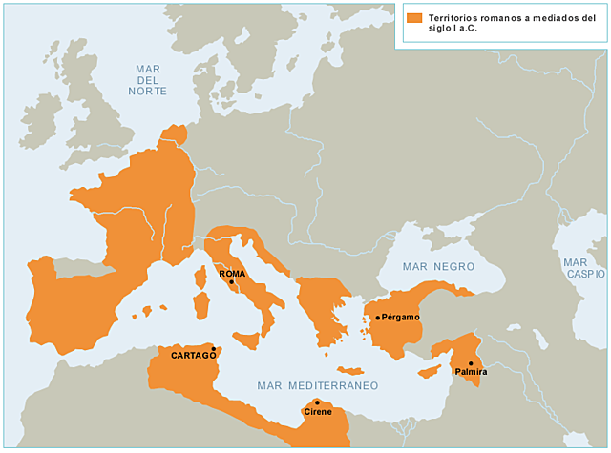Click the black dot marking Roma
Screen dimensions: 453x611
point(231,281)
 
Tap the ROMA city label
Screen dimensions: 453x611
point(232,273)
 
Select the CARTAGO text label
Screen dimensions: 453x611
point(193,356)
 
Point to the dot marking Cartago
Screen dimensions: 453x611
point(215,349)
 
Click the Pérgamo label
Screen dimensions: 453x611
point(402,318)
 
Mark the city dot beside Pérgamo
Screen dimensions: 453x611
point(378,318)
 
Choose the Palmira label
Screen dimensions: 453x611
point(471,371)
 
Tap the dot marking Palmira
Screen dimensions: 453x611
point(471,362)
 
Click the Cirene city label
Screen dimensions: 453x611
point(317,412)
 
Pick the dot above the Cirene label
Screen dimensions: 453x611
point(317,402)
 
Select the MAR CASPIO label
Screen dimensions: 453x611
point(579,267)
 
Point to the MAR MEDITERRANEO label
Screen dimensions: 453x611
point(317,385)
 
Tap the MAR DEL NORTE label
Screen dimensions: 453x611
point(147,80)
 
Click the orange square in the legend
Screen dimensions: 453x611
point(412,18)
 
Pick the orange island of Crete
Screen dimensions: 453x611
point(350,370)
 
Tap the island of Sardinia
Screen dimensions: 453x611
point(202,305)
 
